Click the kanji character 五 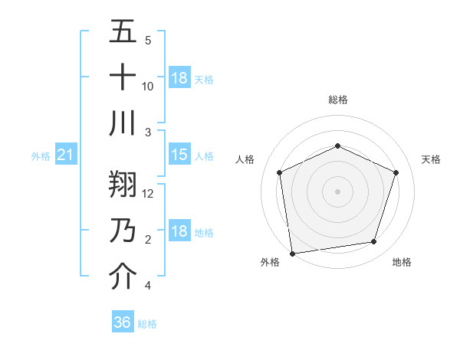click(x=123, y=31)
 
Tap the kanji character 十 click(x=123, y=77)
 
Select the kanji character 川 click(x=123, y=123)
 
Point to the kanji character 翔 click(x=123, y=185)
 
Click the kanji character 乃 click(x=123, y=231)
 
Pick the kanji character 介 click(x=123, y=277)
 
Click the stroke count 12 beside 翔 click(x=148, y=193)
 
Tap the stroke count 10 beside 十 click(x=148, y=86)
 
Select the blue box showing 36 click(x=122, y=322)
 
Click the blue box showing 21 click(x=66, y=155)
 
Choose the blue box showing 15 click(x=179, y=155)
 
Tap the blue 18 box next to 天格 click(x=179, y=78)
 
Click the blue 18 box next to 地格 click(x=179, y=231)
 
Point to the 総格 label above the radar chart click(x=337, y=100)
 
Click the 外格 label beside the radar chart click(x=270, y=262)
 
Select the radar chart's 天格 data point click(x=396, y=172)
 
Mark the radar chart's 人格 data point click(x=280, y=172)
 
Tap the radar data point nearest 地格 click(x=374, y=242)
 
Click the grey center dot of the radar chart click(x=337, y=191)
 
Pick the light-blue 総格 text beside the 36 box click(x=147, y=324)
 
